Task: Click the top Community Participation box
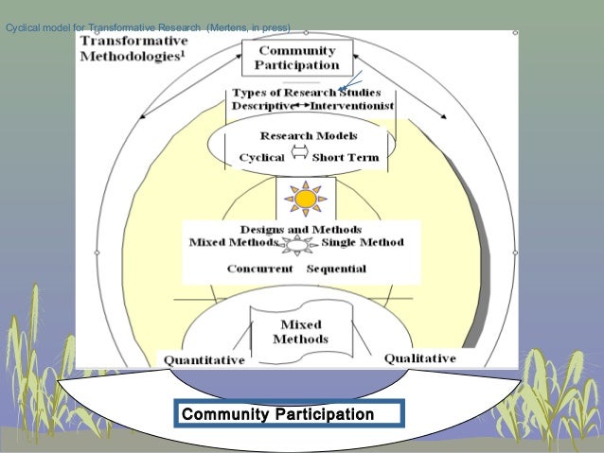[297, 58]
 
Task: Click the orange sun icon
[304, 200]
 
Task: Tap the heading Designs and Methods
[299, 230]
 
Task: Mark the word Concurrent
[260, 269]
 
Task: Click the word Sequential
[336, 269]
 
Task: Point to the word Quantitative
[204, 360]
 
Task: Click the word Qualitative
[419, 358]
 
